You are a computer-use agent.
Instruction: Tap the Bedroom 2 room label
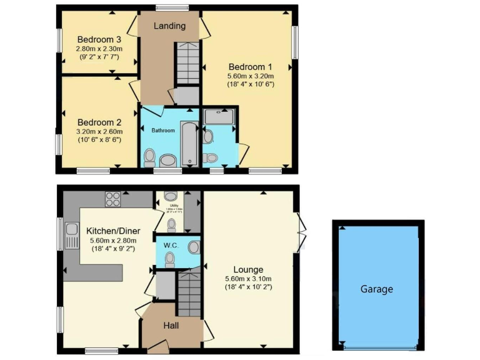pyautogui.click(x=99, y=122)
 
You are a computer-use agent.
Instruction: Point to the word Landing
pyautogui.click(x=170, y=26)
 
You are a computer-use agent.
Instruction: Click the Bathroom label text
pyautogui.click(x=163, y=131)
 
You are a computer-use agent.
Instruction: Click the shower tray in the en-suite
pyautogui.click(x=219, y=117)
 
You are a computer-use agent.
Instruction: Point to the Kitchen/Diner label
pyautogui.click(x=112, y=229)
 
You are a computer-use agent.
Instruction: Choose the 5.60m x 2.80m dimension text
pyautogui.click(x=112, y=241)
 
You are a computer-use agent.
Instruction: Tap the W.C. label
pyautogui.click(x=172, y=246)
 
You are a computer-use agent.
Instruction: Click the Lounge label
pyautogui.click(x=248, y=269)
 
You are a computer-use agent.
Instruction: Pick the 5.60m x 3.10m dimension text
pyautogui.click(x=248, y=279)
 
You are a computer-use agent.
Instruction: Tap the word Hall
pyautogui.click(x=171, y=326)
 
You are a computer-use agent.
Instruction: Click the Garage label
pyautogui.click(x=376, y=289)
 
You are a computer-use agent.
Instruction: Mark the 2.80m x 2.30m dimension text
pyautogui.click(x=99, y=49)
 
